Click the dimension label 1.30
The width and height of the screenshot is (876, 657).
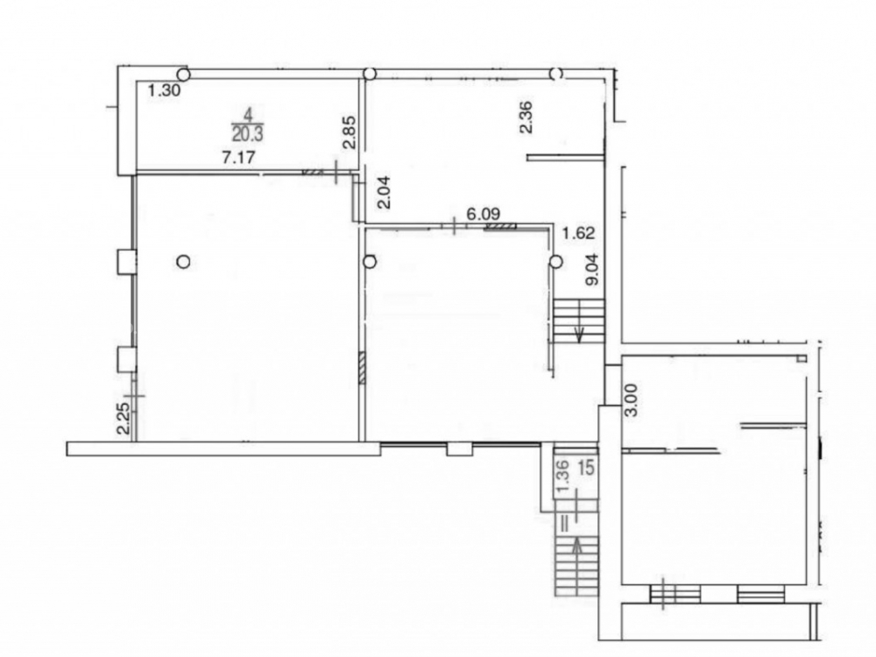[165, 90]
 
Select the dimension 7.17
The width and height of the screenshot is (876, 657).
[238, 157]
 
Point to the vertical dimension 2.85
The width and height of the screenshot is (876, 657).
[350, 132]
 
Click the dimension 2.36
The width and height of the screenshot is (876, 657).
[526, 117]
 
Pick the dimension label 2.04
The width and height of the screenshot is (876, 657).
[385, 192]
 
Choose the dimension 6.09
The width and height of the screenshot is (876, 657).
[484, 214]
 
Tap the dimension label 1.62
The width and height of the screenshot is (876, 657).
[578, 233]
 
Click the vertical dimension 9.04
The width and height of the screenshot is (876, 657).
[591, 269]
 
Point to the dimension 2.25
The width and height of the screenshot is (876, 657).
[124, 419]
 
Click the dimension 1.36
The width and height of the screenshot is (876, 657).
[563, 476]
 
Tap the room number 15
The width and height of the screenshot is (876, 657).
[585, 468]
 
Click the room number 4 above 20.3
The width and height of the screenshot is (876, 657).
[248, 115]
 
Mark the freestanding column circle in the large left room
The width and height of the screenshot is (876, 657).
[183, 261]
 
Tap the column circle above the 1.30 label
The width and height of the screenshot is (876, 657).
[183, 74]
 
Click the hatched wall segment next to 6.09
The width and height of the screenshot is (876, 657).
[500, 226]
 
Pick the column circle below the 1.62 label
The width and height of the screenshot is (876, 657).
[555, 261]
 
